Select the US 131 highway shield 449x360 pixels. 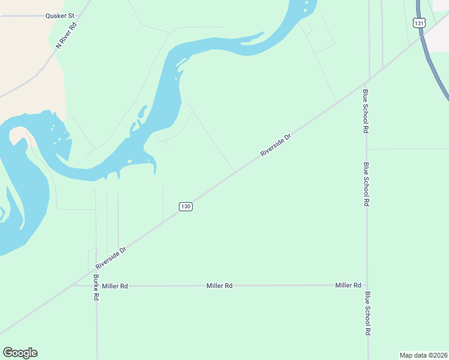tap(419, 22)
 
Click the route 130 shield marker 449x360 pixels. tap(185, 206)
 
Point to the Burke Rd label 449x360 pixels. tap(96, 288)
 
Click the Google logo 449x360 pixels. tap(20, 353)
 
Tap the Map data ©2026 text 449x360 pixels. tap(424, 355)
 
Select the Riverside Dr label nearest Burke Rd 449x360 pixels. tap(111, 258)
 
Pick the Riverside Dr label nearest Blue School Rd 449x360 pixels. tap(276, 146)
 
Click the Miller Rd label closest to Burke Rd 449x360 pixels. tap(115, 286)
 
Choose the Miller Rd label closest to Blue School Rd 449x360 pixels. tap(348, 285)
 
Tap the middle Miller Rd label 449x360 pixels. tap(219, 286)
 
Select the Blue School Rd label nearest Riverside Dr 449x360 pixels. tap(365, 111)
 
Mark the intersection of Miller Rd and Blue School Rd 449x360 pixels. tap(367, 285)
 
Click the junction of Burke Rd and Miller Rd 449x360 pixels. tap(96, 286)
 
